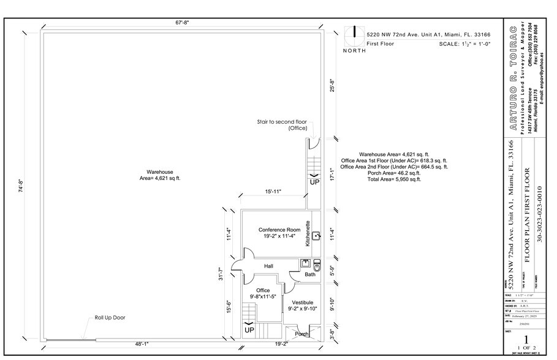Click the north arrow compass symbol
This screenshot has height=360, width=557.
(354, 36)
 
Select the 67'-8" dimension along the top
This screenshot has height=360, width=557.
(182, 23)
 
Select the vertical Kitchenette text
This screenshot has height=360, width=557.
(308, 233)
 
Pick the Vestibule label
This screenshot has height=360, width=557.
(302, 302)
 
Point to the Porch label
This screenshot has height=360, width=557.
(302, 334)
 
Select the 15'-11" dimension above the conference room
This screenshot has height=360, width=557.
(273, 192)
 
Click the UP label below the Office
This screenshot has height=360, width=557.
(249, 330)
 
